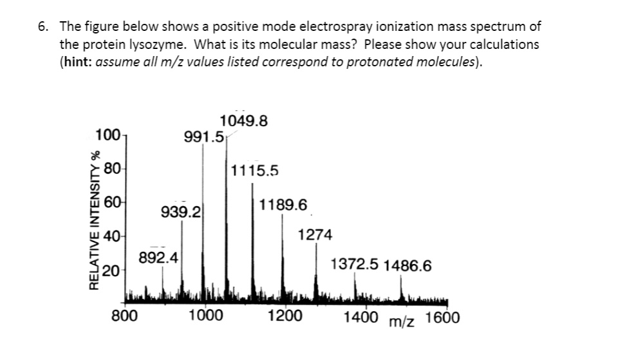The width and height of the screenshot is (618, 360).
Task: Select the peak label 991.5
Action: click(203, 137)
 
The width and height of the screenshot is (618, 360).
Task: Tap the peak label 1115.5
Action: click(255, 171)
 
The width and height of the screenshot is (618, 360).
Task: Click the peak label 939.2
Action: click(182, 211)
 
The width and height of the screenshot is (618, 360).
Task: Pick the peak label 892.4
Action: click(160, 258)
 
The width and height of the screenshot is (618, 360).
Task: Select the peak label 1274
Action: click(315, 235)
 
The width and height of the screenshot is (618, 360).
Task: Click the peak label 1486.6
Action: click(408, 265)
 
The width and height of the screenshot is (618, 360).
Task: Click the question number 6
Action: click(42, 27)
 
